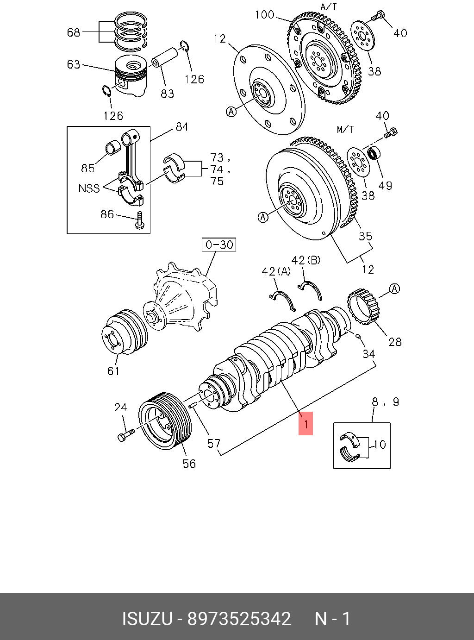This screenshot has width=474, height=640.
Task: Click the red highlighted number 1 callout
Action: click(x=306, y=423)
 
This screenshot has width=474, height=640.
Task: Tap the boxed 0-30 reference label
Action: click(x=219, y=245)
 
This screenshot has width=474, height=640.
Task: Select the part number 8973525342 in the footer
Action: click(x=239, y=619)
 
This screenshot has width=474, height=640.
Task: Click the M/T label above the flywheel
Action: click(x=345, y=129)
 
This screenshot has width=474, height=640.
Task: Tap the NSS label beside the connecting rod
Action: click(x=89, y=188)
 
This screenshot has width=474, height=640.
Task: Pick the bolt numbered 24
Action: click(x=125, y=434)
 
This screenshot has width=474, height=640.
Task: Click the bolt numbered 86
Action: click(x=140, y=221)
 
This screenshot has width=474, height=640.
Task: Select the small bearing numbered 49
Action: click(x=374, y=153)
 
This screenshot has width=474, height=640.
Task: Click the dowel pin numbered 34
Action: click(x=358, y=336)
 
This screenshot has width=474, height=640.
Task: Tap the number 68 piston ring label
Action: click(x=74, y=32)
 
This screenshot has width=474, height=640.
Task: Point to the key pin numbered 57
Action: click(x=194, y=404)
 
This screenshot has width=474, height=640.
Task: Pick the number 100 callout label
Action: click(x=265, y=15)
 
